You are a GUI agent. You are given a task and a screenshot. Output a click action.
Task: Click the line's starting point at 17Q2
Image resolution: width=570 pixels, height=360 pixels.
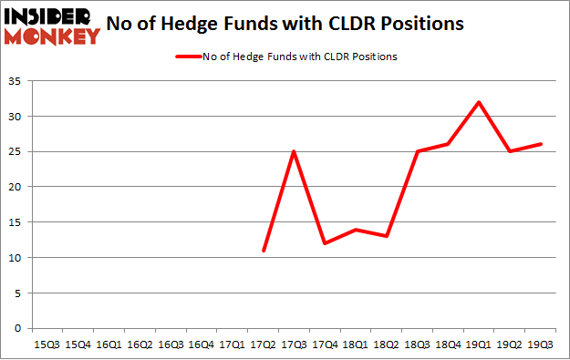tap(264, 250)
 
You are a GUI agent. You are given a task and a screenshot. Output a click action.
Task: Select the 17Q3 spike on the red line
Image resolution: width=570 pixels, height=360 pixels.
tap(295, 151)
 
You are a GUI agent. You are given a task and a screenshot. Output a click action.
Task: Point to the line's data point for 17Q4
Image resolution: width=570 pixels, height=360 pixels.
tap(325, 243)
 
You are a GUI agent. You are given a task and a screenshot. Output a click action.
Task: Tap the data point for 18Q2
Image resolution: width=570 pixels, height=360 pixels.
tap(385, 236)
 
